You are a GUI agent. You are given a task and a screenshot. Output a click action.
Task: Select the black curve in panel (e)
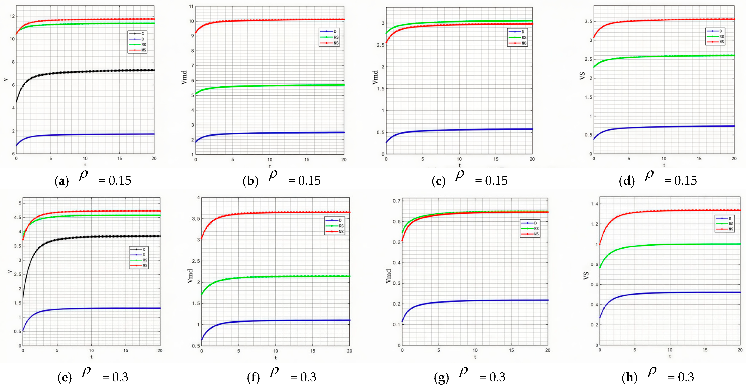pyautogui.click(x=87, y=237)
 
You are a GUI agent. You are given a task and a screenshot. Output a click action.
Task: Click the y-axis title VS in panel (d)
pyautogui.click(x=582, y=76)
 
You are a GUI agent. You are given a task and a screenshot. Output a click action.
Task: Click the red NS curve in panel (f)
pyautogui.click(x=275, y=212)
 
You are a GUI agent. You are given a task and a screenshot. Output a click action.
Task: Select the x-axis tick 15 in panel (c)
pyautogui.click(x=496, y=159)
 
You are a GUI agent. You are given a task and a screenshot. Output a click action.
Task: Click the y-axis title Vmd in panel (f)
pyautogui.click(x=190, y=276)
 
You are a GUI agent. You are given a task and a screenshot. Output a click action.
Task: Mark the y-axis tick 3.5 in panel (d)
pyautogui.click(x=588, y=21)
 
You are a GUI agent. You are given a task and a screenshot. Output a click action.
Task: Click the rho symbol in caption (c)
pyautogui.click(x=460, y=175)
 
